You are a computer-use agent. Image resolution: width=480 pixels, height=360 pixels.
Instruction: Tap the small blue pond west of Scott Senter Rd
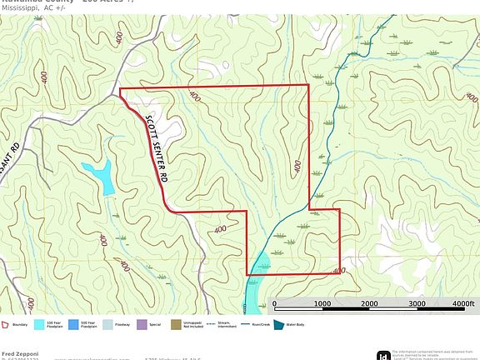pos(102,177)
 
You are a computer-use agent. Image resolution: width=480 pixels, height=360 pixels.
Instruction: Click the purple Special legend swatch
pos(142,325)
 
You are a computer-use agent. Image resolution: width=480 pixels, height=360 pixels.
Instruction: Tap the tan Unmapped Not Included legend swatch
pos(175,325)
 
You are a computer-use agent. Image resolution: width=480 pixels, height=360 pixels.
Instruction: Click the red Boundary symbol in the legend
pos(6,325)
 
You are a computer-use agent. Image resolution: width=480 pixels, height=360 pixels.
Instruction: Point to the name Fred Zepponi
pos(18,353)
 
